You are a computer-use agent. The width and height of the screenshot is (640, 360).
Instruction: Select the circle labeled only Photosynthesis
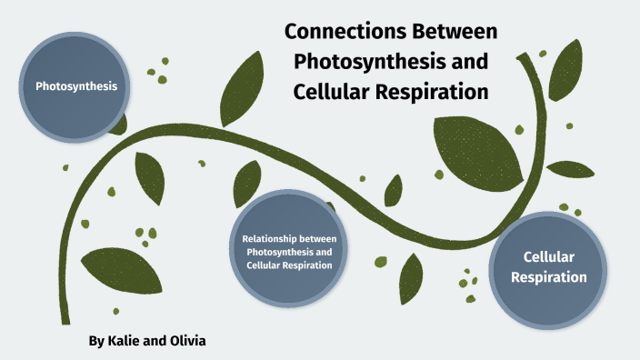(x=76, y=87)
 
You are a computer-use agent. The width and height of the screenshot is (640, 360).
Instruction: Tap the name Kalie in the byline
(x=128, y=341)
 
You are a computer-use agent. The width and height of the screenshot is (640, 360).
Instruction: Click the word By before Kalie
(x=97, y=341)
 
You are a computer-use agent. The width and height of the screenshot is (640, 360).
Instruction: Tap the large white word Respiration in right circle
(x=548, y=277)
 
